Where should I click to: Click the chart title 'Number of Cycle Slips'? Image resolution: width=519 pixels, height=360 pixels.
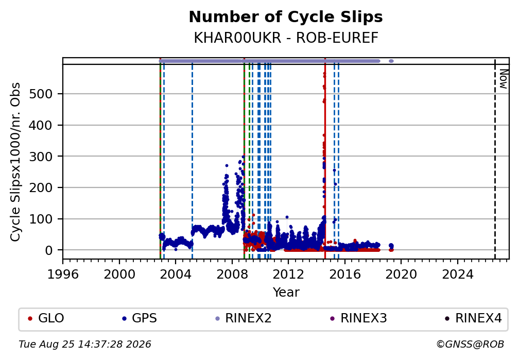[x=286, y=17]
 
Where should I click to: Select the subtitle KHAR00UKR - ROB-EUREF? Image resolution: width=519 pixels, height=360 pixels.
[x=286, y=38]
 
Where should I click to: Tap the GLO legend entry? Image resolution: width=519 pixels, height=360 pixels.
[x=46, y=318]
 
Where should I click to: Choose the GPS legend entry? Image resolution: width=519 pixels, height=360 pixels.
[x=140, y=318]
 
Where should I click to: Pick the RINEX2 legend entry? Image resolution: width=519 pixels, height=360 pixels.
[x=243, y=318]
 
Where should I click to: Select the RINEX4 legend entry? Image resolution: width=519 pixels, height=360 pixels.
[x=474, y=318]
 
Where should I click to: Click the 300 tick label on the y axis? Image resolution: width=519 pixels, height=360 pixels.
[x=41, y=157]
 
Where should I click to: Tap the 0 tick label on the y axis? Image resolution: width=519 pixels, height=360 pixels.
[x=48, y=250]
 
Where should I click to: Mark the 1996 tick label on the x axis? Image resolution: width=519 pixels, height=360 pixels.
[x=63, y=275]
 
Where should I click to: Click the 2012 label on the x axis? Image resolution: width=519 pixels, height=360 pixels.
[x=288, y=275]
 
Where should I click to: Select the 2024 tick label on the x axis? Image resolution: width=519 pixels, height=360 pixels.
[x=457, y=275]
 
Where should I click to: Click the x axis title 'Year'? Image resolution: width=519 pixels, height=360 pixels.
[x=286, y=293]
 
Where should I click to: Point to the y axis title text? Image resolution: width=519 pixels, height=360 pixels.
[x=15, y=162]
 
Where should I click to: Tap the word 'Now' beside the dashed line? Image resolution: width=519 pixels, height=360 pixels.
[x=503, y=79]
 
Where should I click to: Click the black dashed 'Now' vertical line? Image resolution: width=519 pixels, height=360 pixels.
[x=495, y=158]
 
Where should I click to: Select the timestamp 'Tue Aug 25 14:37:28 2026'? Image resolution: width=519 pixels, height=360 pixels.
[x=85, y=345]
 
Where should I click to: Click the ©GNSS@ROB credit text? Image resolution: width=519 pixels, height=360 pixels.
[x=471, y=345]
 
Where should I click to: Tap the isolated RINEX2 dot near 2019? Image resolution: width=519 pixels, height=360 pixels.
[x=391, y=61]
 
